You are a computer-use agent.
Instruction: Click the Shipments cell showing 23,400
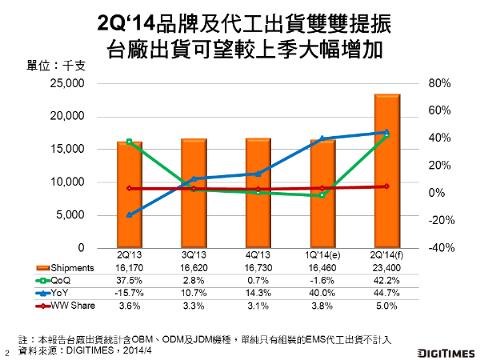pyautogui.click(x=387, y=267)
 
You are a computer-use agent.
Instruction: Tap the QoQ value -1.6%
pyautogui.click(x=322, y=281)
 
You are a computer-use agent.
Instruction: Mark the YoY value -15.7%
pyautogui.click(x=130, y=294)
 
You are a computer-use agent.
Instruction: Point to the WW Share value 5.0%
pyautogui.click(x=387, y=306)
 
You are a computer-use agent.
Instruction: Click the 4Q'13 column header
pyautogui.click(x=258, y=255)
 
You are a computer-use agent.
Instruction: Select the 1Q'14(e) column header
pyautogui.click(x=322, y=255)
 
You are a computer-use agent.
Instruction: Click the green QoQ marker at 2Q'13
pyautogui.click(x=130, y=142)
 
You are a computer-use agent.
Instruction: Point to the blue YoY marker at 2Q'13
pyautogui.click(x=130, y=214)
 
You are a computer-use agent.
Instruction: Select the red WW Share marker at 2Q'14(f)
pyautogui.click(x=387, y=186)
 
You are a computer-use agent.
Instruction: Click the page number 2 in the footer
pyautogui.click(x=7, y=351)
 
